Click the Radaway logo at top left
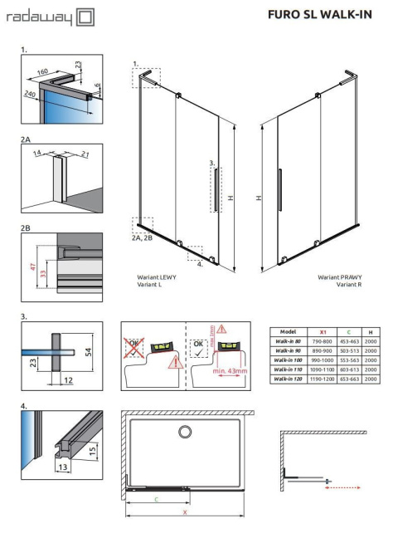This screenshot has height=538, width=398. [x=50, y=17]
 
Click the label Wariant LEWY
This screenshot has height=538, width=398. [x=154, y=278]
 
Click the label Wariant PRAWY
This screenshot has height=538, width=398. [x=340, y=278]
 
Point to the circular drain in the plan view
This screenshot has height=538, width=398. [x=184, y=430]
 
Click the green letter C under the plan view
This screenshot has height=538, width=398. [x=155, y=499]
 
